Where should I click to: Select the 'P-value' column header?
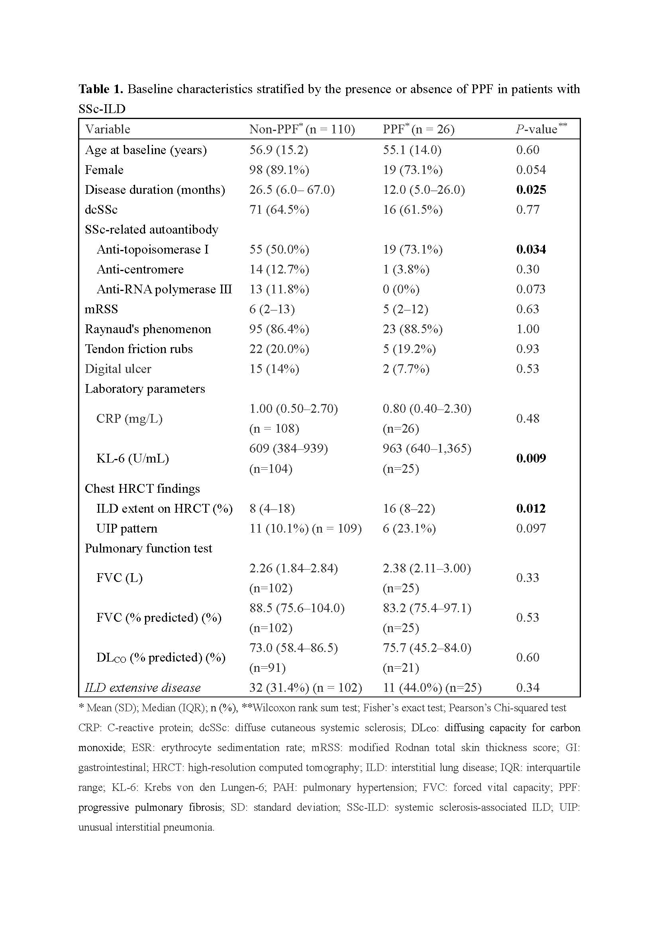pos(536,129)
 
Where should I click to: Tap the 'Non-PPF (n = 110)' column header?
pos(302,129)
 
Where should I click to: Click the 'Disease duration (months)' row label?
pos(155,190)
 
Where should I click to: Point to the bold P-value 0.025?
pos(531,190)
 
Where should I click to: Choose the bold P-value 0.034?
pos(531,250)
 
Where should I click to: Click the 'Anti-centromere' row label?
pos(140,269)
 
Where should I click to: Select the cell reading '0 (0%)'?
pos(401,289)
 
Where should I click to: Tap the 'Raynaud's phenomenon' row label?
pos(148,329)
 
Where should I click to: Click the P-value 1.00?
pos(528,329)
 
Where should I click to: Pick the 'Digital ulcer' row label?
pos(118,369)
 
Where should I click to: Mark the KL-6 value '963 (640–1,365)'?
pos(427,449)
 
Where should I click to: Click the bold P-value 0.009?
pos(531,458)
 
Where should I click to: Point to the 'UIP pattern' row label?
pos(127,528)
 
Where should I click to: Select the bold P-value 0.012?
pos(531,508)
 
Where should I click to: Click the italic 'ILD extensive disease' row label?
pos(142,688)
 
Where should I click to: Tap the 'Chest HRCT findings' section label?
pos(142,489)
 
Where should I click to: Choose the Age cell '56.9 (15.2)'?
pos(279,150)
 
